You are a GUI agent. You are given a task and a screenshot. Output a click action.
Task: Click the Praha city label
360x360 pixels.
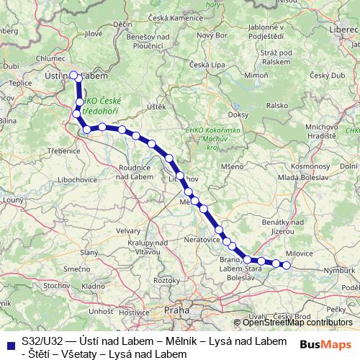tap(176, 311)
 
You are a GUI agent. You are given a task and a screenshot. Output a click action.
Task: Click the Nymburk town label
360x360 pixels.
tap(338, 271)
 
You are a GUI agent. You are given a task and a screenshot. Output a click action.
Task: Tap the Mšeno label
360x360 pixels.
tap(233, 166)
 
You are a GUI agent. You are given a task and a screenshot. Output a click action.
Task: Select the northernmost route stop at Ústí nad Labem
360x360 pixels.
tap(73, 74)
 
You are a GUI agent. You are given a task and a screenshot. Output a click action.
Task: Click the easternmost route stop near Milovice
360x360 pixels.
tap(286, 265)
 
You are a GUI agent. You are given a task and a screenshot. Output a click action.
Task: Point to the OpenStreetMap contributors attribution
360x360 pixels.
tap(295, 322)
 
